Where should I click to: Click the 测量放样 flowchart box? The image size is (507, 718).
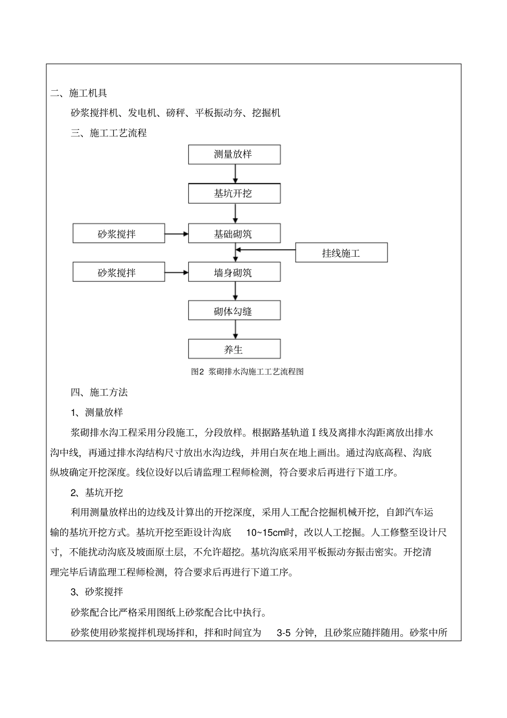[x=234, y=154]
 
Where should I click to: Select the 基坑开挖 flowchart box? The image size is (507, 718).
[x=234, y=193]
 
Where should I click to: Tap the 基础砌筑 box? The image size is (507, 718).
[x=234, y=234]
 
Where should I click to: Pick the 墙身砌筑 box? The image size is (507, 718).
[x=234, y=272]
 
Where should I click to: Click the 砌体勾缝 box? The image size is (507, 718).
[x=234, y=311]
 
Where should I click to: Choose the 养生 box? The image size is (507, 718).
[x=234, y=350]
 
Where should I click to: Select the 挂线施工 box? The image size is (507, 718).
[x=341, y=253]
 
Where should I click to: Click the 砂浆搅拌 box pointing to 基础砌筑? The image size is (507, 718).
[x=118, y=234]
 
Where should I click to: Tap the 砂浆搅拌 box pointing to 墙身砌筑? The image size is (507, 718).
[x=118, y=272]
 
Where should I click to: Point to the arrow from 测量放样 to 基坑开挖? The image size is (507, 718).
[x=235, y=173]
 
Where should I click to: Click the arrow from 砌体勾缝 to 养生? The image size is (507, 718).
[x=235, y=330]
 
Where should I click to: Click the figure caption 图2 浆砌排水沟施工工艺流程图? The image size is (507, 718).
[x=247, y=372]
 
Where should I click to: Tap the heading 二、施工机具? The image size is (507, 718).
[x=79, y=93]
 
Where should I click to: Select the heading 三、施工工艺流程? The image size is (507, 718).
[x=109, y=133]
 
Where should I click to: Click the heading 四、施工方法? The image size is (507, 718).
[x=99, y=392]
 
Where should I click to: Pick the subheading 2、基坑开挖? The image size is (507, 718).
[x=97, y=492]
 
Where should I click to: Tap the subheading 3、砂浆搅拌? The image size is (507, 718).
[x=97, y=592]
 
